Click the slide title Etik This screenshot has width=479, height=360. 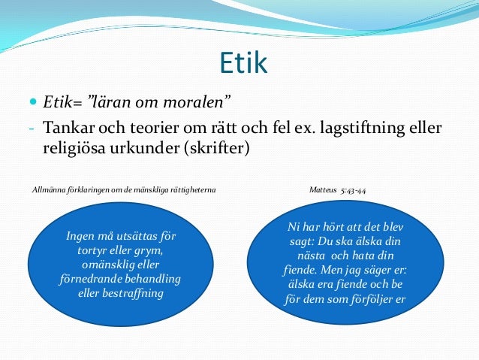tap(243, 63)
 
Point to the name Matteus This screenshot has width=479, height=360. tap(324, 190)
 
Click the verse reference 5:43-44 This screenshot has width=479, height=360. tap(353, 190)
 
